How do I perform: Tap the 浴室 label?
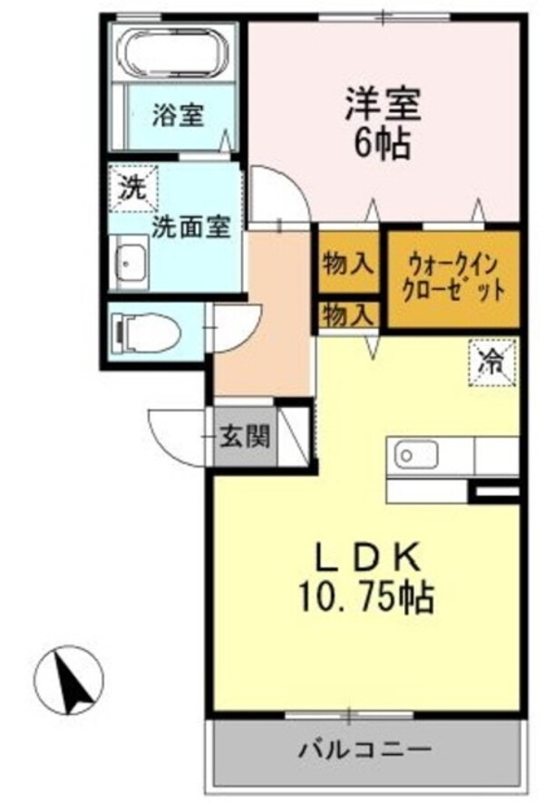click(x=177, y=115)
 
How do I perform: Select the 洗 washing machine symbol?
click(x=133, y=190)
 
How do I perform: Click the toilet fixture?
click(x=145, y=332)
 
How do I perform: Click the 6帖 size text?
click(x=382, y=143)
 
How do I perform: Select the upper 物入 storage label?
click(x=347, y=264)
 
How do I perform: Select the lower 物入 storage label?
click(x=347, y=315)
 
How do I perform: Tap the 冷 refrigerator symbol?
click(x=492, y=363)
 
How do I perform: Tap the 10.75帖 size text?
click(x=365, y=596)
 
